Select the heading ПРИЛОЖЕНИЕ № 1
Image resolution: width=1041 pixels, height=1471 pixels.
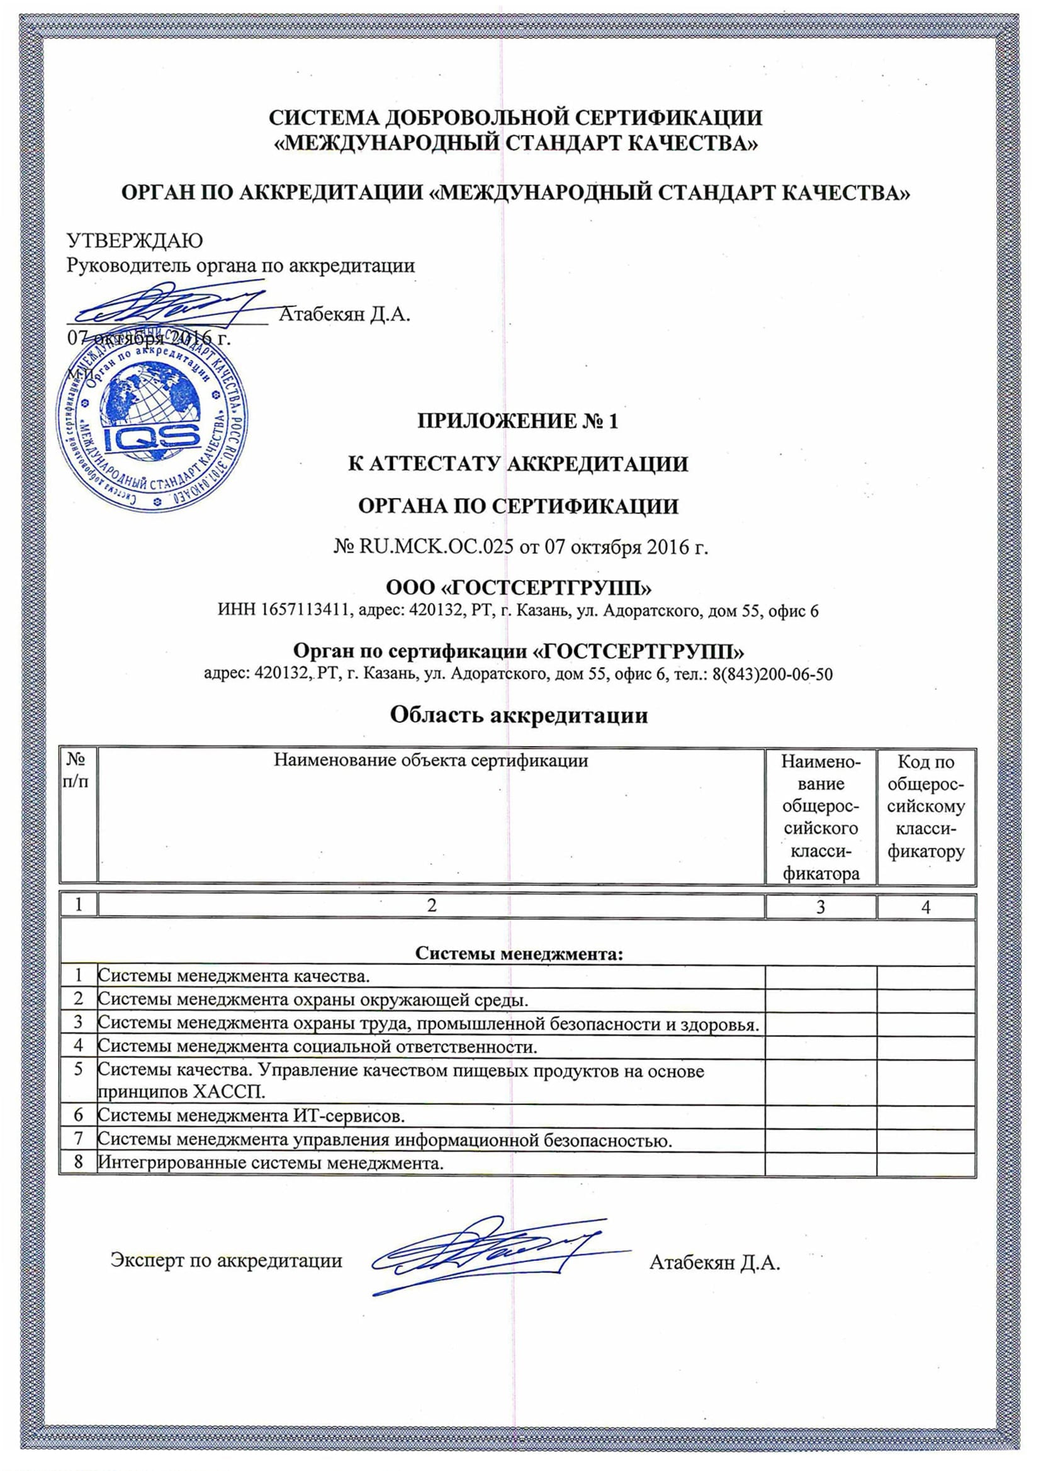pyautogui.click(x=518, y=421)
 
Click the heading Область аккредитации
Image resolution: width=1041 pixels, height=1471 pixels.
pyautogui.click(x=519, y=715)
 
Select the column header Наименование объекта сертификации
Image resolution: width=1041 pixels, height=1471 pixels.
pyautogui.click(x=430, y=761)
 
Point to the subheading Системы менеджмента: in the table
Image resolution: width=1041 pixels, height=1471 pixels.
pyautogui.click(x=519, y=953)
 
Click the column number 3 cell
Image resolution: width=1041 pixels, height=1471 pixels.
pyautogui.click(x=820, y=907)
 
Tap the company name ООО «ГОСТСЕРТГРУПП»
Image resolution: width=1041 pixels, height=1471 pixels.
pyautogui.click(x=519, y=587)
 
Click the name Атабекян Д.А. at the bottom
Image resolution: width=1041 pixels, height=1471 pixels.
pyautogui.click(x=714, y=1263)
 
